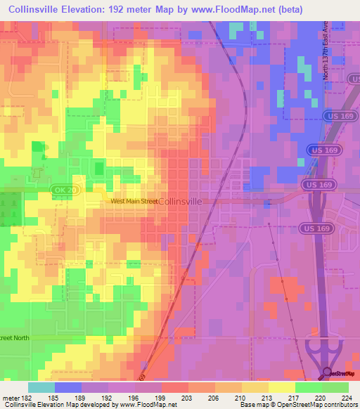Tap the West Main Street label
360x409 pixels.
tap(134, 202)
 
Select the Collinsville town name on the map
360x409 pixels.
tap(181, 201)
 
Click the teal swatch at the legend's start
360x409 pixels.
tap(41, 387)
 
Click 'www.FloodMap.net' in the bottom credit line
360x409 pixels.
tap(143, 405)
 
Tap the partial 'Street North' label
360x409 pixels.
tap(18, 338)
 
